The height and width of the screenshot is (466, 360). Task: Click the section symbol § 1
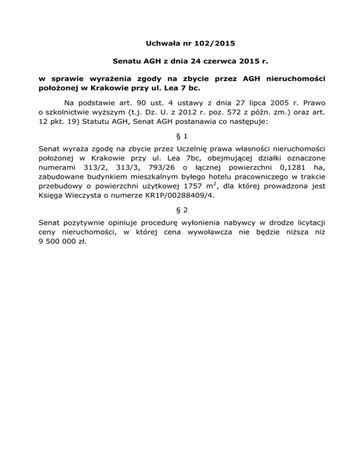180,136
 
